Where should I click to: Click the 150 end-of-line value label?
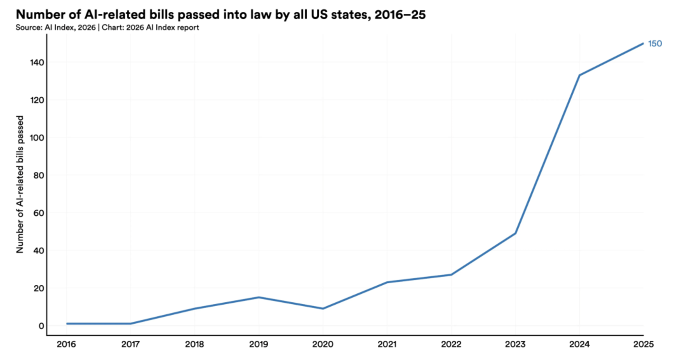coord(655,44)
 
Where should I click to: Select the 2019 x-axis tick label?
coord(259,344)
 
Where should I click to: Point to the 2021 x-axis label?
coord(387,344)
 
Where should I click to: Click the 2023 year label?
coord(515,344)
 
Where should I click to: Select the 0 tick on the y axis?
coord(42,326)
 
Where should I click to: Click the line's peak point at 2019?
coord(259,298)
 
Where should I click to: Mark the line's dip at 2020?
coord(323,309)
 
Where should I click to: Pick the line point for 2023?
coord(515,233)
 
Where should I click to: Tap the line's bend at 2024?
coord(579,75)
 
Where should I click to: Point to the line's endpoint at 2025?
coord(643,43)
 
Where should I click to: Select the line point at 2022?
coord(451,275)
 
